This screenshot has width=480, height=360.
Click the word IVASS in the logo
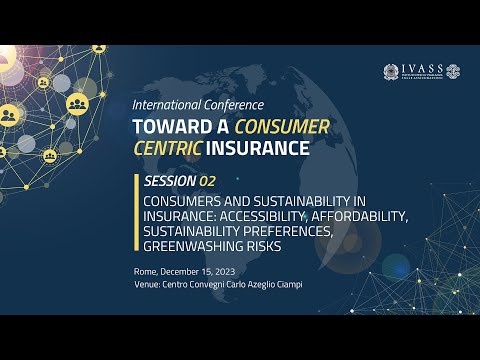(x=419, y=71)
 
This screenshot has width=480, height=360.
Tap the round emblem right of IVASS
(x=453, y=72)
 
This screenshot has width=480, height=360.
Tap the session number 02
(x=208, y=181)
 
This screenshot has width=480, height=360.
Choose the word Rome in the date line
(x=146, y=274)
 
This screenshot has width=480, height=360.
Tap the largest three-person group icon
(x=78, y=102)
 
